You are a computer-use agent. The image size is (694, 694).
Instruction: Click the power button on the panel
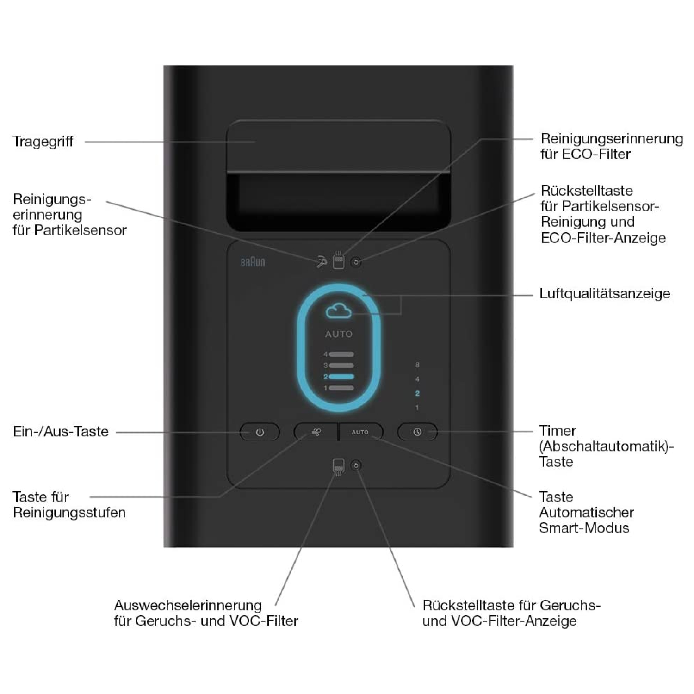pos(260,432)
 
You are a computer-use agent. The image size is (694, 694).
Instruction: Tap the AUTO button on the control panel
pos(361,432)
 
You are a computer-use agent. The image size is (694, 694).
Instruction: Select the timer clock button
pos(417,432)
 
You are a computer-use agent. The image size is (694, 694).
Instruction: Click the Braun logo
pos(253,262)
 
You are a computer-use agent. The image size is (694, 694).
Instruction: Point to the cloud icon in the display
pos(339,311)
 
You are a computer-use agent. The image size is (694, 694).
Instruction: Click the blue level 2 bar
pos(341,377)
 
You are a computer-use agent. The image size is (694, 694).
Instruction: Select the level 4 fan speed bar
pos(341,354)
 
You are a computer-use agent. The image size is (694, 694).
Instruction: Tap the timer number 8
pos(417,365)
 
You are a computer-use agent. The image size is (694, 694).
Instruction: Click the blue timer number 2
pos(417,393)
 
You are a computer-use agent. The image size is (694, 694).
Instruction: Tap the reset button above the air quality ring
pos(356,262)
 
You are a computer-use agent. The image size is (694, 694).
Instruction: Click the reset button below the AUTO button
pos(356,465)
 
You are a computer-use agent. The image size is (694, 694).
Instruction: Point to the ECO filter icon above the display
pos(339,260)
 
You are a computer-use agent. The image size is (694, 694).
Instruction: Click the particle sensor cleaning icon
pos(322,262)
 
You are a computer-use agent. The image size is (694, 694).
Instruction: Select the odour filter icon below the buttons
pos(339,467)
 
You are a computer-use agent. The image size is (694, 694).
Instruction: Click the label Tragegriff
pos(43,142)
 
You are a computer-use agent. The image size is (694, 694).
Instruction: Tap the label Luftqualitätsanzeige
pos(605,294)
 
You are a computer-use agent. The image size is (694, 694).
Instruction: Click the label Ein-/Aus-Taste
pos(61,432)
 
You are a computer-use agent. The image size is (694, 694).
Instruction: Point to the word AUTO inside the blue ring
pos(339,334)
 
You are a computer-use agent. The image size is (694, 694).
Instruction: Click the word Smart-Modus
pos(584,528)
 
